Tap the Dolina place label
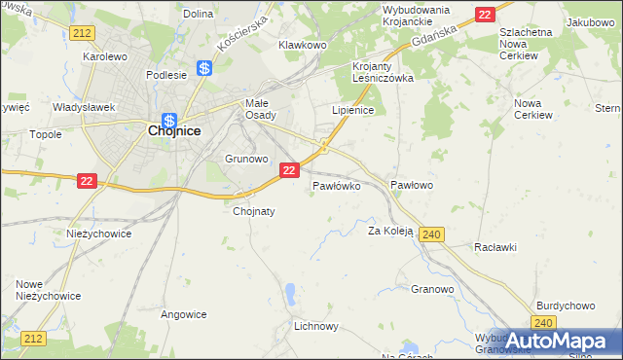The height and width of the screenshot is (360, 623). tap(198, 14)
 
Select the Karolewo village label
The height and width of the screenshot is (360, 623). tap(106, 57)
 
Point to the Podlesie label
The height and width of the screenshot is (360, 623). tap(165, 74)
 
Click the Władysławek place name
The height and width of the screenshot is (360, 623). tap(84, 107)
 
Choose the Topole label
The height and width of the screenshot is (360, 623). tap(46, 134)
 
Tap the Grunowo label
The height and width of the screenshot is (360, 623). tap(245, 158)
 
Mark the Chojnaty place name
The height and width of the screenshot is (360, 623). tap(255, 210)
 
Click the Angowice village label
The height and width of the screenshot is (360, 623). tap(184, 314)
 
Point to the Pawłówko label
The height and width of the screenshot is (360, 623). tap(337, 184)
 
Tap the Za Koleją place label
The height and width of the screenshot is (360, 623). tap(390, 232)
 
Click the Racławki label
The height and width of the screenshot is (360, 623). tap(495, 247)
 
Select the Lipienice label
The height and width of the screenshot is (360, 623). tap(353, 111)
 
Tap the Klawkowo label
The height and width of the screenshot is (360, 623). tap(302, 45)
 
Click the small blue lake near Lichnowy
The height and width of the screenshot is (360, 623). tap(290, 291)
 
